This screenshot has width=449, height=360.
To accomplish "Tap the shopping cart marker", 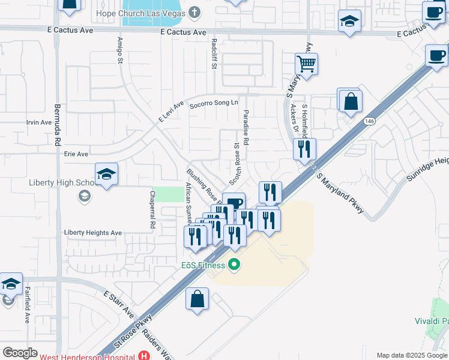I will coord(306,64).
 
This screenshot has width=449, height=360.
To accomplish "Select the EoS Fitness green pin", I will coord(235,264).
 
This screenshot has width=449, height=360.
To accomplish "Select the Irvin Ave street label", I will coord(39,122).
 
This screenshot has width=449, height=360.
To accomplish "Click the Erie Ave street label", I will coord(76,154).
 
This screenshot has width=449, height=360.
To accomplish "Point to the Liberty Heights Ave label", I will coord(93,233).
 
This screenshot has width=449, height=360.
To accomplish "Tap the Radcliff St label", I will coord(214,54).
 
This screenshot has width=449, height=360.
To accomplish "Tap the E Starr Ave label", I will coord(118,304).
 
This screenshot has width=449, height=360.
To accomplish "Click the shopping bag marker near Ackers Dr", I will coord(351,102).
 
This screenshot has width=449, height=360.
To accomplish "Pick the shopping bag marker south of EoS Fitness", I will coord(197,300).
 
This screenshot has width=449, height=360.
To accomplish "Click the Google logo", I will coord(20,353).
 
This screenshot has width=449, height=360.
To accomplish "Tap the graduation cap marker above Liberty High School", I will coord(107,175).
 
